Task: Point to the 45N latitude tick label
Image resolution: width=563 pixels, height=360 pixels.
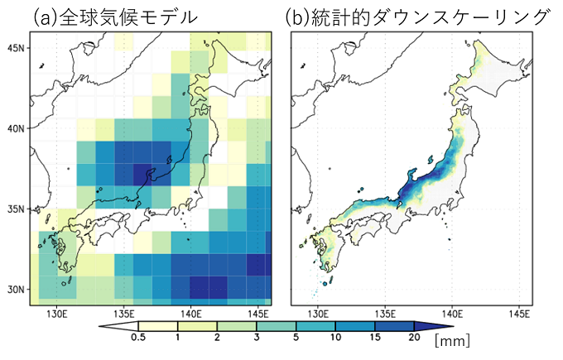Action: point(15,49)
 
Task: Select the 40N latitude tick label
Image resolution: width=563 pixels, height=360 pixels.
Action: point(15,129)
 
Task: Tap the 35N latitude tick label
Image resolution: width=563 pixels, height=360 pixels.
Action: point(15,209)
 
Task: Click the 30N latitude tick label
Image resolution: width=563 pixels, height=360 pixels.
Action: point(15,290)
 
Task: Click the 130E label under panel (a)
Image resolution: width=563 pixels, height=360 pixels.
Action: point(57,314)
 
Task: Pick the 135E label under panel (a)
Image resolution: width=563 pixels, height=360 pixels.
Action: point(123,314)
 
